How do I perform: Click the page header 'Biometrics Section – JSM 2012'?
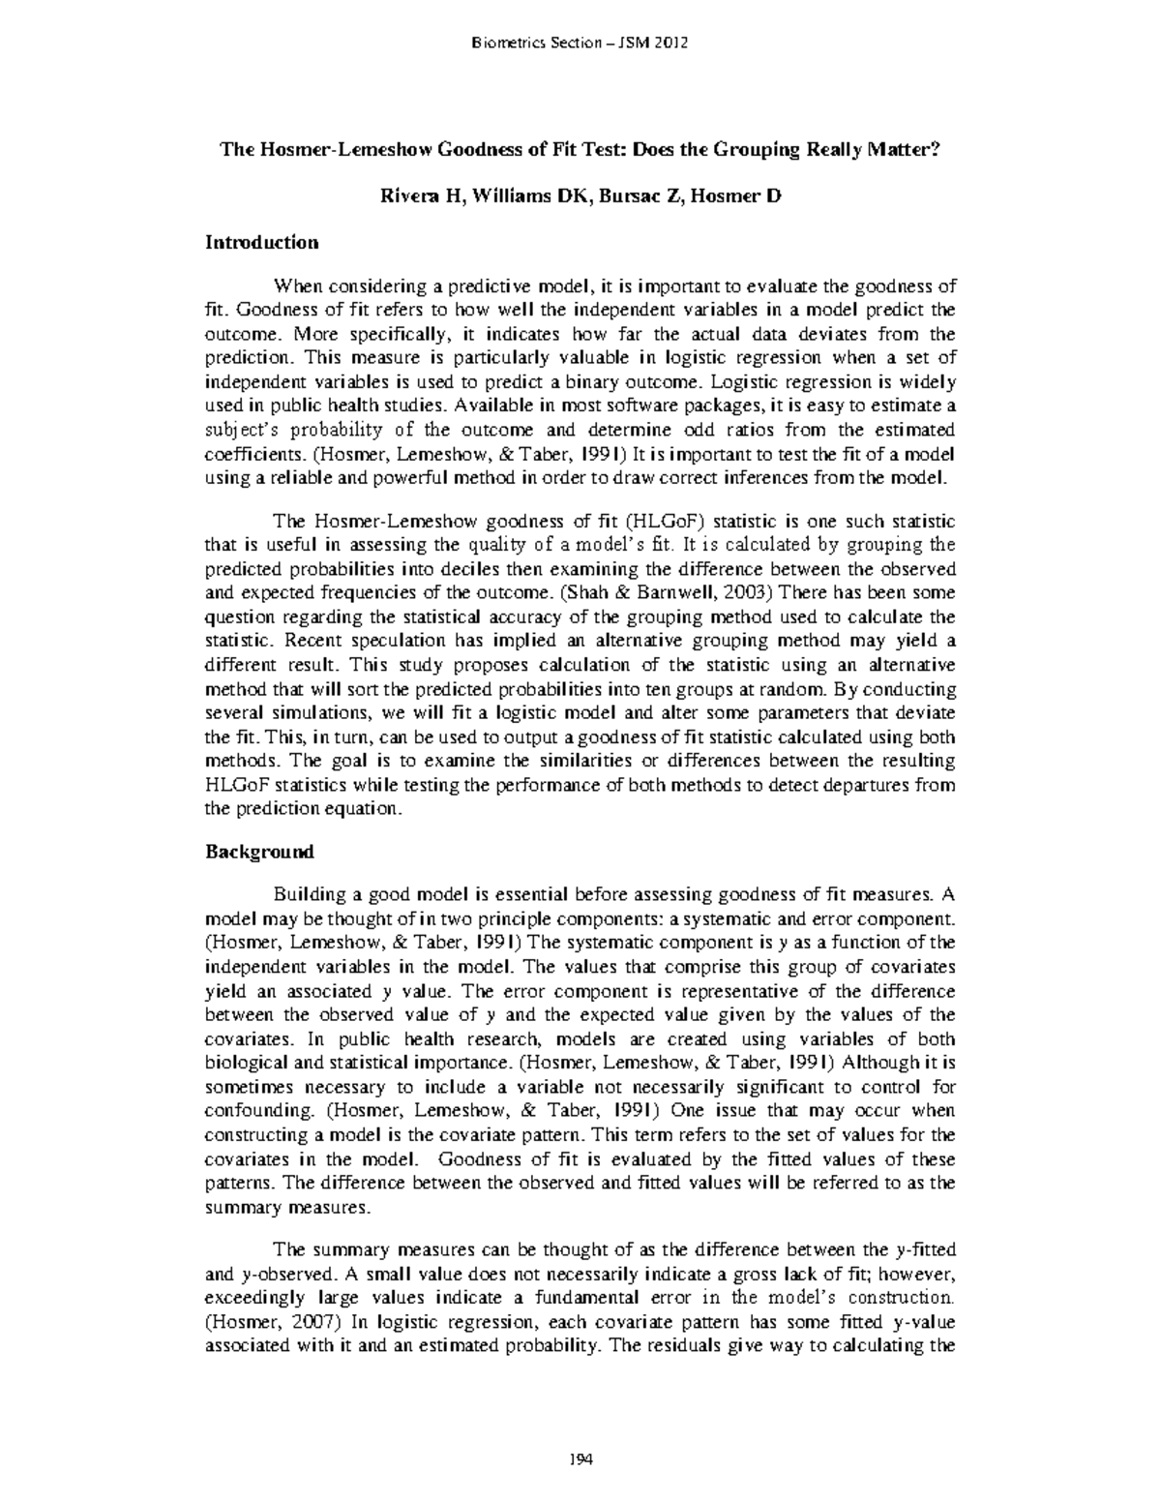(579, 43)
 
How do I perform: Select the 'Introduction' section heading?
(261, 242)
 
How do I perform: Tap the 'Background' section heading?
(259, 853)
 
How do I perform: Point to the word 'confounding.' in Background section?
(255, 1110)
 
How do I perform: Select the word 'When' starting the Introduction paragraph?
(296, 286)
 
